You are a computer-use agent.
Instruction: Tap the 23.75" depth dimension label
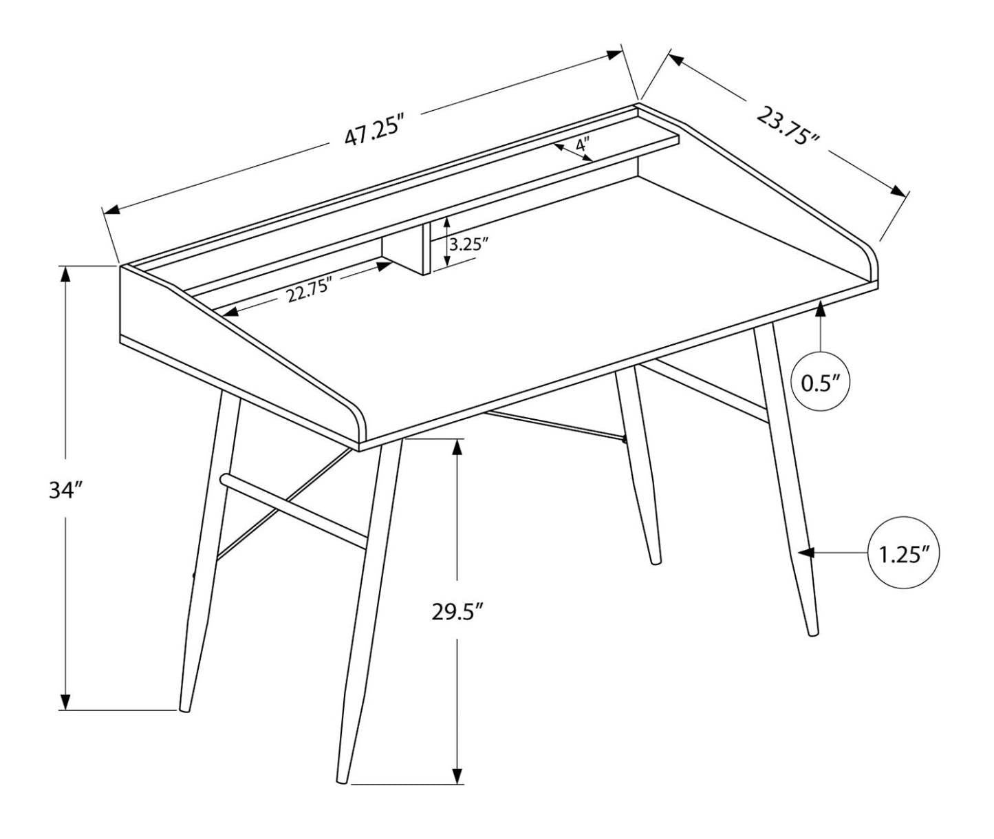click(788, 126)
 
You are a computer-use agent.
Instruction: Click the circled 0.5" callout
click(821, 383)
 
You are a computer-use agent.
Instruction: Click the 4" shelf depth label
click(582, 145)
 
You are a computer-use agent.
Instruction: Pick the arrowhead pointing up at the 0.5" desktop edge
click(820, 309)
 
